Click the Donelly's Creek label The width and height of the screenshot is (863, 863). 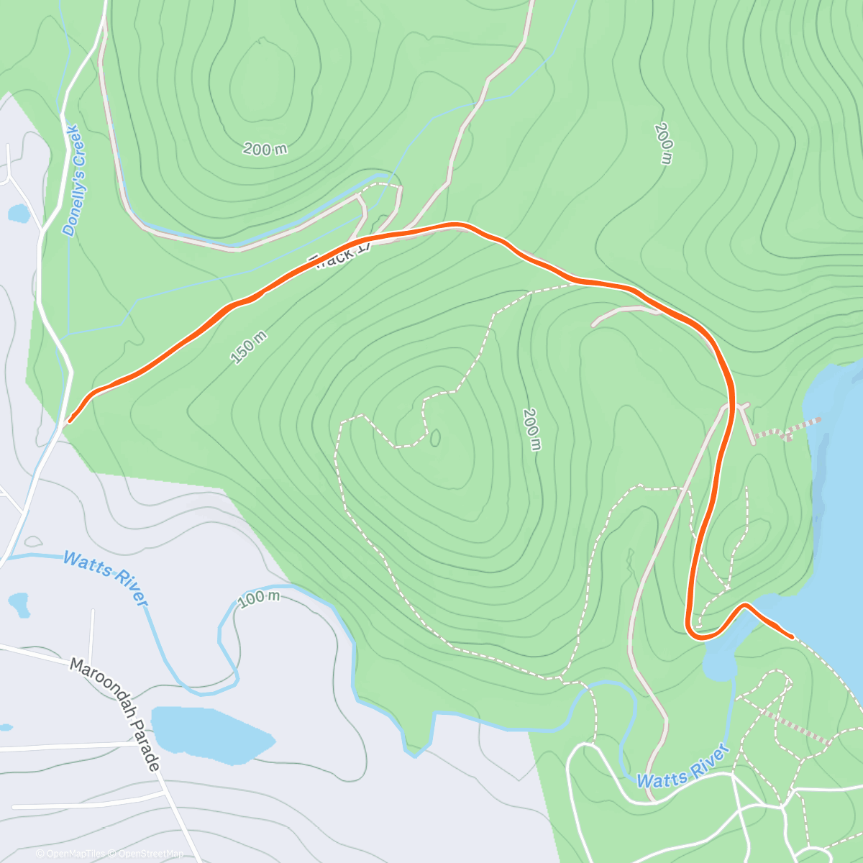(74, 181)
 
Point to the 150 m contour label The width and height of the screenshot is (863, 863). (249, 347)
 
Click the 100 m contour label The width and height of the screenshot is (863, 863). (258, 598)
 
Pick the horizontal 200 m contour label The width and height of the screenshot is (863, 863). (265, 149)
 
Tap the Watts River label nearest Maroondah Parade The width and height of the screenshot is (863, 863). (106, 577)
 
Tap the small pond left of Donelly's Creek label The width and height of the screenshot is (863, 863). (17, 214)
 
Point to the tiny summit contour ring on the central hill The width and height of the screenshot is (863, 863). (435, 437)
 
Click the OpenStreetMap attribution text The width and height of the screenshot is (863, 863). (150, 854)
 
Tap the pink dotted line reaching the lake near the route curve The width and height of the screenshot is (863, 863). (787, 430)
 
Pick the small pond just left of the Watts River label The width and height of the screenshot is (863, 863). (19, 605)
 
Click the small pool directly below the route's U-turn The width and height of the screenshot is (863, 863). (720, 662)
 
